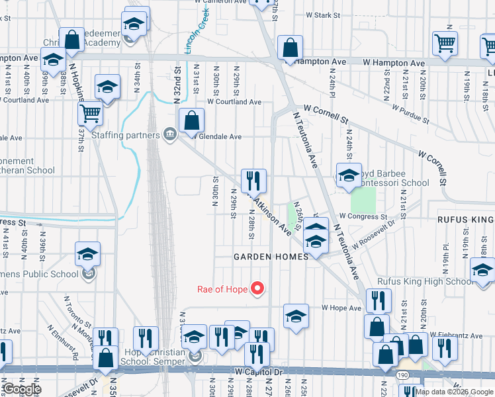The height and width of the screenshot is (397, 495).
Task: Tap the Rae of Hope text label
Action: (222, 289)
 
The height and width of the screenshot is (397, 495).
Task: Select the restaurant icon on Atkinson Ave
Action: (253, 180)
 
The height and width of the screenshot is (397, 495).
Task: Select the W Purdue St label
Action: (411, 113)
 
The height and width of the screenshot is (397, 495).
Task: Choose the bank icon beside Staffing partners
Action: (171, 135)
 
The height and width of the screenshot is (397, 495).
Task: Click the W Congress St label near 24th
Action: (363, 216)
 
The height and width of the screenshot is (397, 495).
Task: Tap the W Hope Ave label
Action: (340, 308)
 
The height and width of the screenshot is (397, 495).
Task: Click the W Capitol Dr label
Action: (259, 373)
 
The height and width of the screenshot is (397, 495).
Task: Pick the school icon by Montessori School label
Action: (349, 175)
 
